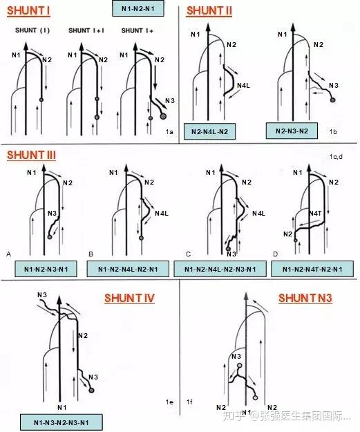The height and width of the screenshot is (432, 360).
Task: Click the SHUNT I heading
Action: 28,11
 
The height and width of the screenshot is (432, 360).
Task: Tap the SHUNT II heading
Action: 209,11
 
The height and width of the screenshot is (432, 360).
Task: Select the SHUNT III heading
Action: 31,155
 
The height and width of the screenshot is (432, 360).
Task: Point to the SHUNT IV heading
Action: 129,298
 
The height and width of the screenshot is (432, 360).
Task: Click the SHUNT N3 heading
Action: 305,298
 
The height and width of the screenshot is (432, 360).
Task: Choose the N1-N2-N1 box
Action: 138,8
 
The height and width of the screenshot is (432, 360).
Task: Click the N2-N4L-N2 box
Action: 209,131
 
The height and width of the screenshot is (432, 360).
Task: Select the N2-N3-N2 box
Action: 292,131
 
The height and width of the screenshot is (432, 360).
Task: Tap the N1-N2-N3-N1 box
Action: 46,269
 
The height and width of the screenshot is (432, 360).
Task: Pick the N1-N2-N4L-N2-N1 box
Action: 128,269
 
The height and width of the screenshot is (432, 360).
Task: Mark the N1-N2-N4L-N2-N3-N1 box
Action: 220,269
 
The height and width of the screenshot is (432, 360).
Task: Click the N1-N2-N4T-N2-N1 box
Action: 312,269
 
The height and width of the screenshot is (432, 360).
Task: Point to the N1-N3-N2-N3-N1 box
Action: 61,422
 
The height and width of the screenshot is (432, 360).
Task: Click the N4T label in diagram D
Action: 315,214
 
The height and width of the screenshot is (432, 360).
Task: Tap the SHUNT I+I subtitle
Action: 86,30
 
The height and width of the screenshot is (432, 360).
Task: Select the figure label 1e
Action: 169,402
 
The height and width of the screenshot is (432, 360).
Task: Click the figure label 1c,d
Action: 336,157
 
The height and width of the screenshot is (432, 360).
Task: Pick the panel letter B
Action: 91,254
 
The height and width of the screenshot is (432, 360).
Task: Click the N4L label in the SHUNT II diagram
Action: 243,86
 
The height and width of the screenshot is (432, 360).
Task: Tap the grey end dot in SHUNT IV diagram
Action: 92,391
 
